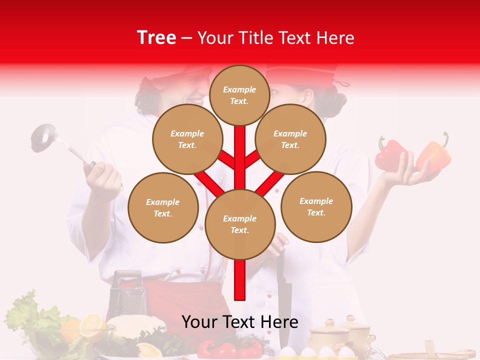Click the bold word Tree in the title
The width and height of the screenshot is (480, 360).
pos(156,38)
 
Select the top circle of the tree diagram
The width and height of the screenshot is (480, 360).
pos(239,95)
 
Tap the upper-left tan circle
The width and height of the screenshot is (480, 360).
pos(187,139)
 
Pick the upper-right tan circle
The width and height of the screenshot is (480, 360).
pos(290,139)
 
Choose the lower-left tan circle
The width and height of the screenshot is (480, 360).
pos(163,207)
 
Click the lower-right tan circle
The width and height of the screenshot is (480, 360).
pos(316,206)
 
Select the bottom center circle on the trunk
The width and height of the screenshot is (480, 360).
pos(240,224)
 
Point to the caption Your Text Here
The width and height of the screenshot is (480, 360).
pos(240,322)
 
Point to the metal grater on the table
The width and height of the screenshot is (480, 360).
pos(127,295)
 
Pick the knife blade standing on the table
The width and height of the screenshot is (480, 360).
pos(284,300)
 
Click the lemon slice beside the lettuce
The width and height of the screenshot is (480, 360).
pos(92,325)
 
